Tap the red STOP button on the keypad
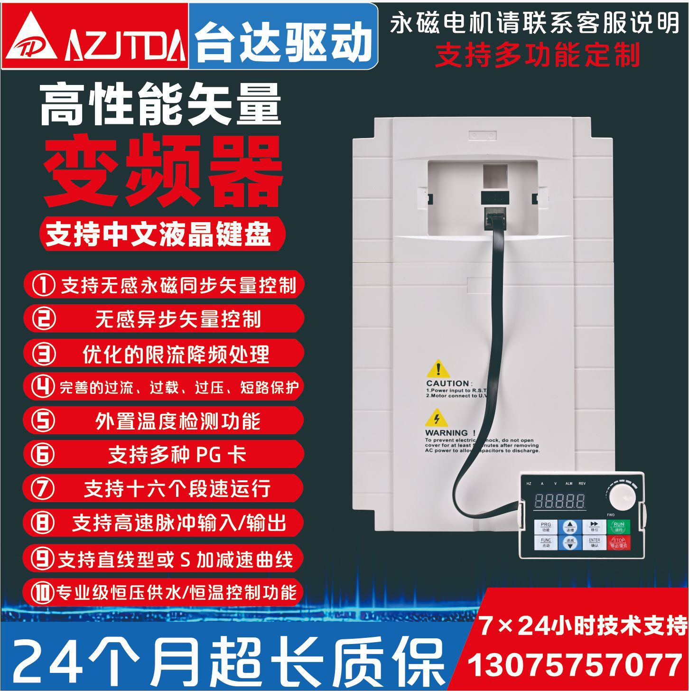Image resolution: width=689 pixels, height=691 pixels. pos(619,542)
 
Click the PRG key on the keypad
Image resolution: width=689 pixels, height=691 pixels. pos(546,527)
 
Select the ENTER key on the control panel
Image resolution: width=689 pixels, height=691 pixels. pos(594,542)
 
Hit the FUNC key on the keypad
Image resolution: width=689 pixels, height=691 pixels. pos(546,542)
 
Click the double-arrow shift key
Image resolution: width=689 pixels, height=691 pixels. pos(594,526)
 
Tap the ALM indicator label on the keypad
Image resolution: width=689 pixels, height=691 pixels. pos(568,484)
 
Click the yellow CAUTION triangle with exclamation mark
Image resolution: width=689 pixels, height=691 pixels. pos(438,369)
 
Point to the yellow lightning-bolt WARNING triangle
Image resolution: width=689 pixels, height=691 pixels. pos(437,419)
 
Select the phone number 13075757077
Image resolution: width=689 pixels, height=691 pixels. pos(574,665)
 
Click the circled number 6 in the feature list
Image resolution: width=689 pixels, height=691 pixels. pos(43,454)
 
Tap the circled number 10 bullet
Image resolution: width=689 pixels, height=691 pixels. pos(43,592)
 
